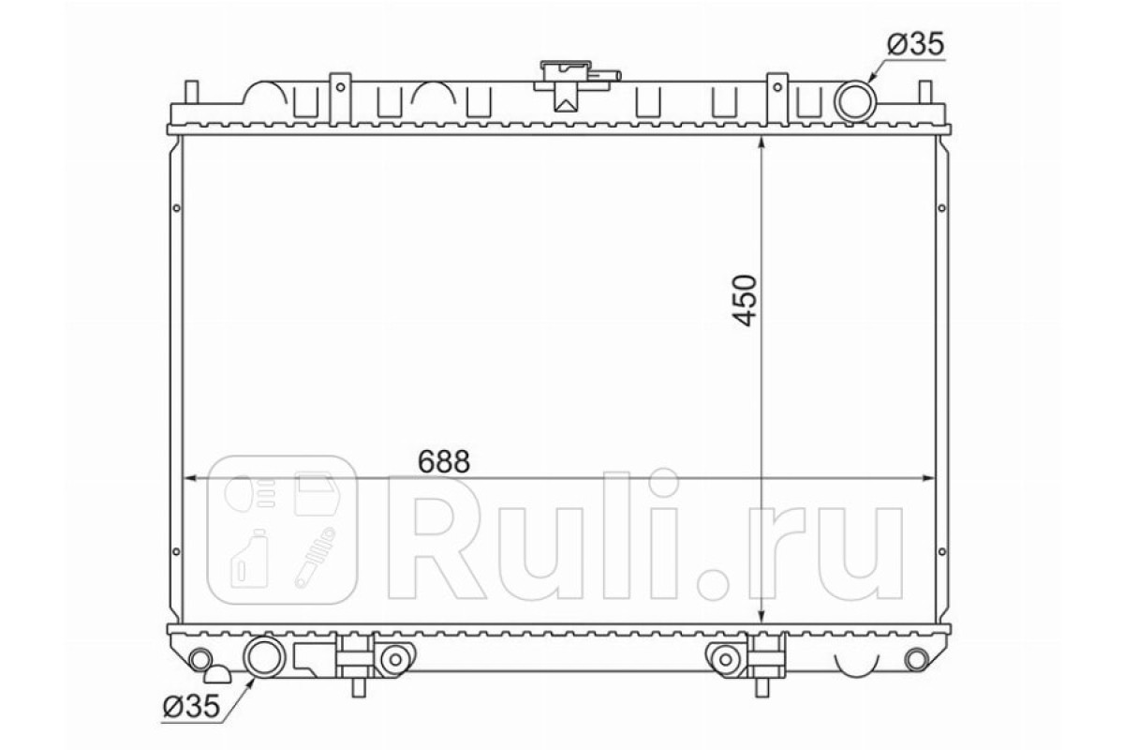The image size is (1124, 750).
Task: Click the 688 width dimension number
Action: click(444, 460)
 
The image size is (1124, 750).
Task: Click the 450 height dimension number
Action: click(744, 300)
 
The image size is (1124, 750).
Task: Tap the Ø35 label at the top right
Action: click(916, 44)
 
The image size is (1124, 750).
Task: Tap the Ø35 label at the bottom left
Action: click(191, 706)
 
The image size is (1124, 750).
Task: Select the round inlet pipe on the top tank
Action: click(855, 101)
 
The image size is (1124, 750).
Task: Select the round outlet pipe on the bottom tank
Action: click(264, 656)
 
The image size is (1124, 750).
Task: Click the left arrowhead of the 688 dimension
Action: click(191, 478)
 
